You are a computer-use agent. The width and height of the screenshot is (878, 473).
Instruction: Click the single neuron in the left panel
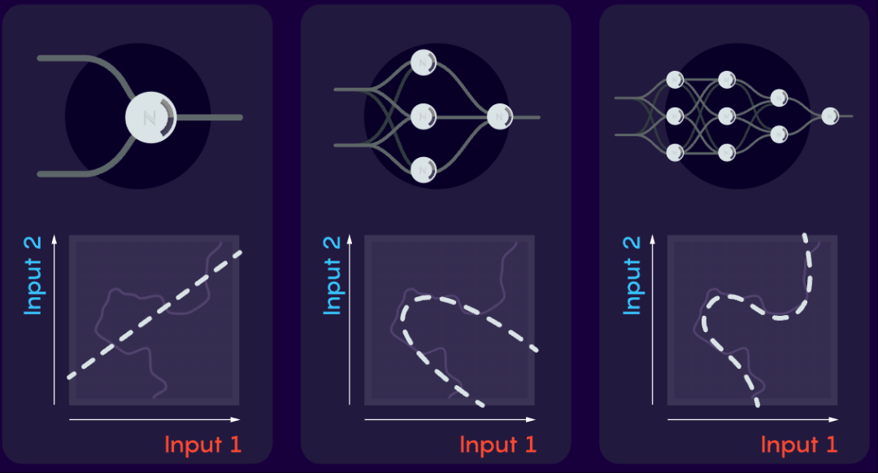point(150,117)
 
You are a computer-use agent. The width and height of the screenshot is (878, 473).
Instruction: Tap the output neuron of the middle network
point(498,118)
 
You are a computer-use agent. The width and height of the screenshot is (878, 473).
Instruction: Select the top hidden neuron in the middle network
point(424,61)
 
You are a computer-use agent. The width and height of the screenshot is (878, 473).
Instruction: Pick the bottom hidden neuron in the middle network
point(424,169)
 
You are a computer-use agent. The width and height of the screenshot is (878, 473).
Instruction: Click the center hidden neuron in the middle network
point(424,116)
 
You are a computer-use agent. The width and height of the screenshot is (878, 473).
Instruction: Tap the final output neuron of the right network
point(830,116)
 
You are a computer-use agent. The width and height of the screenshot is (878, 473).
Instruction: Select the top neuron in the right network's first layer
point(675,80)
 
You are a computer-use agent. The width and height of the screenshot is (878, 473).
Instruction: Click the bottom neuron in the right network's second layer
point(727,151)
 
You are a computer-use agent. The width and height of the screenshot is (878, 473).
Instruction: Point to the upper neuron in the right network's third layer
point(779,98)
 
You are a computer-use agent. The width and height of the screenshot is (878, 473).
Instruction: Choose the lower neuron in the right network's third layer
point(779,134)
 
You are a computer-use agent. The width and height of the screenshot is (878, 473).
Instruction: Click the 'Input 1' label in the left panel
point(202,445)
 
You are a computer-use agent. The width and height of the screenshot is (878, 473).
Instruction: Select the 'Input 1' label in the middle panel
point(498,445)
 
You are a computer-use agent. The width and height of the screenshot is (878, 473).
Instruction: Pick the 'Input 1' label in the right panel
point(798,445)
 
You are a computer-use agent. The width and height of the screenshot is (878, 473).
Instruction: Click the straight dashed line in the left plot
point(154,313)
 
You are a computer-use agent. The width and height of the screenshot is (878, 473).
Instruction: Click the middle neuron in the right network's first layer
point(675,116)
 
